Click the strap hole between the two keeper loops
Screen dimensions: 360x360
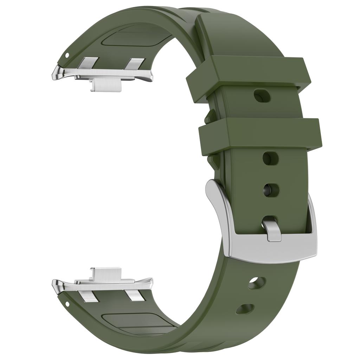262,96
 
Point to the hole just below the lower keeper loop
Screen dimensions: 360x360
270,158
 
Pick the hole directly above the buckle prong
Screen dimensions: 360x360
271,190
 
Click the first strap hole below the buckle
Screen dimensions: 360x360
257,283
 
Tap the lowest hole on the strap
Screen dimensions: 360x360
245,309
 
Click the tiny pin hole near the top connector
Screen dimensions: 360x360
67,55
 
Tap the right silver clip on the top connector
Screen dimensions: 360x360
135,64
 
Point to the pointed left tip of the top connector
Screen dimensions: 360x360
55,75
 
